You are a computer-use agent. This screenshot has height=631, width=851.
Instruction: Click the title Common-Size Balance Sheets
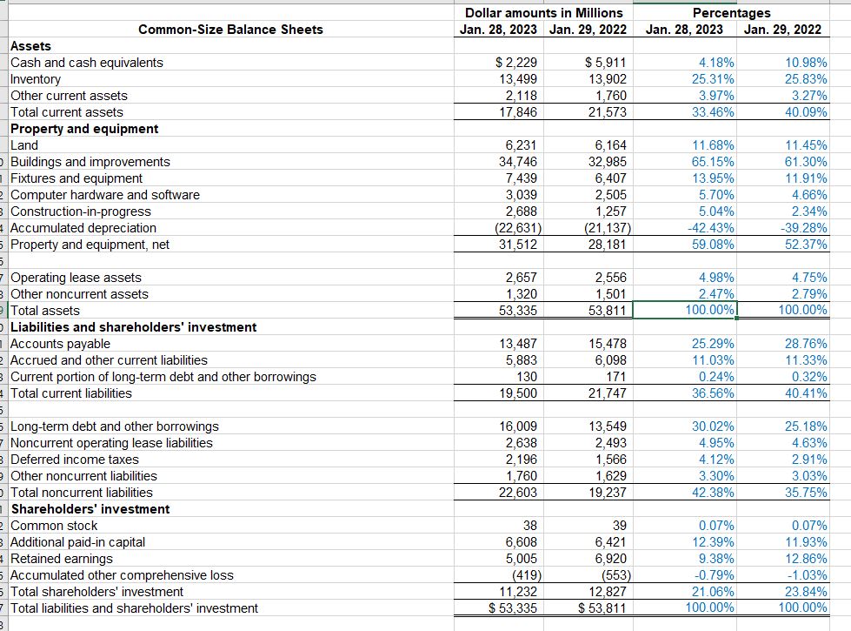[230, 30]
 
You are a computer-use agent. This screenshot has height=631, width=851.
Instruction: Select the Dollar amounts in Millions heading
[543, 12]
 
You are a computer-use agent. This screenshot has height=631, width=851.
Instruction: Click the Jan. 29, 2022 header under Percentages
[782, 30]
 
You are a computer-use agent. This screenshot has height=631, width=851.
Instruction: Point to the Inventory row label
[36, 79]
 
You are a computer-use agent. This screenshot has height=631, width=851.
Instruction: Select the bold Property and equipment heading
[84, 129]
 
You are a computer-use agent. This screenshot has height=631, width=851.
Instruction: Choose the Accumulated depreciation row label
[83, 228]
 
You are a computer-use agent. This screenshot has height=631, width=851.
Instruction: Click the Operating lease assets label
[76, 278]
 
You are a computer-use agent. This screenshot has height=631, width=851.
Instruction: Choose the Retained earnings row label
[62, 559]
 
